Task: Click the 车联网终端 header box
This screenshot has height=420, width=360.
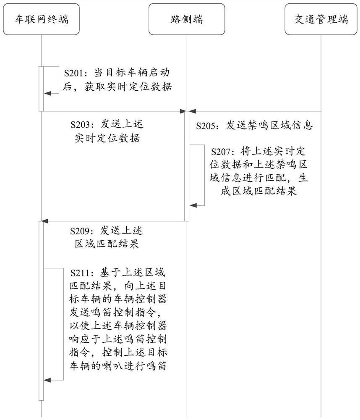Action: (41, 19)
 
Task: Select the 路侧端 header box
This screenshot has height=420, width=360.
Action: (187, 19)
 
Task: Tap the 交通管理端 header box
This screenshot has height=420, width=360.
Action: (321, 19)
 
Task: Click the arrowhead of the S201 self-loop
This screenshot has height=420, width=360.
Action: (47, 93)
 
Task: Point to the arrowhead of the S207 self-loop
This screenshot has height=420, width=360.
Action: (193, 205)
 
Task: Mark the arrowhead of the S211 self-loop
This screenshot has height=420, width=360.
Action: (47, 380)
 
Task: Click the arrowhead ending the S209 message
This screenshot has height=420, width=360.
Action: (44, 221)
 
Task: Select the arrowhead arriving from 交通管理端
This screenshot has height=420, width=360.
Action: (192, 111)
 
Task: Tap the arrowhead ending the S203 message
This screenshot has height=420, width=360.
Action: (183, 111)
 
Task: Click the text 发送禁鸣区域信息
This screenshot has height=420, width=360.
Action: (269, 126)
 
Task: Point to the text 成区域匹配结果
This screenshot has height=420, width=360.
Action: (258, 191)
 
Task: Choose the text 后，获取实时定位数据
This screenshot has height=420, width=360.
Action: (117, 87)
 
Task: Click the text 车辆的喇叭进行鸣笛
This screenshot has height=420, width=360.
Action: (118, 366)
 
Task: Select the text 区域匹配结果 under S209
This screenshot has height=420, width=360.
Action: (107, 244)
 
